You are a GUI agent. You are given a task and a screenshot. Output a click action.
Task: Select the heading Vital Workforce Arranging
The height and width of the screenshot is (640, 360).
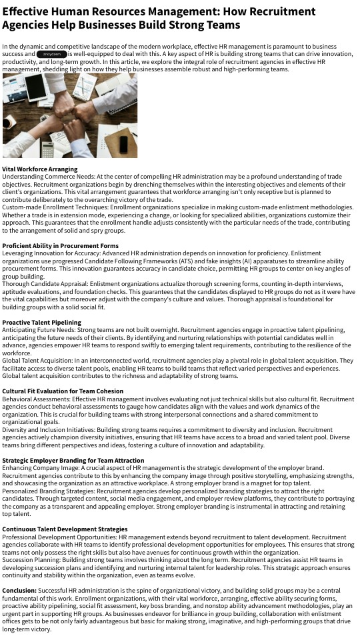40,169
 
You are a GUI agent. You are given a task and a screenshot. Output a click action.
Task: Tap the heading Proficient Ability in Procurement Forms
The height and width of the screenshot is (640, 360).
60,246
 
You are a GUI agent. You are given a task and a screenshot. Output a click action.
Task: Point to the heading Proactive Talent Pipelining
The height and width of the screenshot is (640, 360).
42,323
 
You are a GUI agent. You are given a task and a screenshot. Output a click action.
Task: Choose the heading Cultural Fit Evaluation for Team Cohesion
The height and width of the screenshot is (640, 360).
63,391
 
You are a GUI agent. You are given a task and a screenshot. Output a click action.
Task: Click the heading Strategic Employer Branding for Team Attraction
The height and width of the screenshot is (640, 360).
73,461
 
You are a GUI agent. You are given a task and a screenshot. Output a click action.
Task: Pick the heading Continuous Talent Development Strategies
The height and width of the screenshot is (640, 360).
65,529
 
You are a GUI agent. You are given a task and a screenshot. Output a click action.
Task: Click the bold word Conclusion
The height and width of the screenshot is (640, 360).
19,591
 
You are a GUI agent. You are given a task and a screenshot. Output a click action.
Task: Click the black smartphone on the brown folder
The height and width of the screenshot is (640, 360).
124,144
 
